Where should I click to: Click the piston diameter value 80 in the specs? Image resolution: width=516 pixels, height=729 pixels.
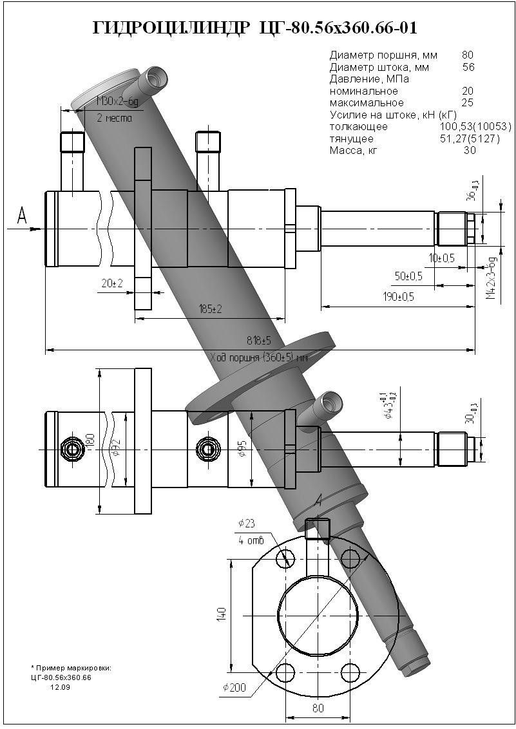coord(468,55)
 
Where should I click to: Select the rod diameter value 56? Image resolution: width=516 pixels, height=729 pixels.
coord(468,67)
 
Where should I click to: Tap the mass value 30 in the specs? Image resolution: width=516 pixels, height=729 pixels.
coord(470,151)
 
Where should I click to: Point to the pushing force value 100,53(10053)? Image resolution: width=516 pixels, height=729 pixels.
coord(472,127)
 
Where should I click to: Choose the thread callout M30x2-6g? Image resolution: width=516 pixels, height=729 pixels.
coord(117,102)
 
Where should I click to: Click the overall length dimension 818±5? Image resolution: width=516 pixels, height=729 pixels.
coord(258,340)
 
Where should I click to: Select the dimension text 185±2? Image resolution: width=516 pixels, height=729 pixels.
coord(209,309)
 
